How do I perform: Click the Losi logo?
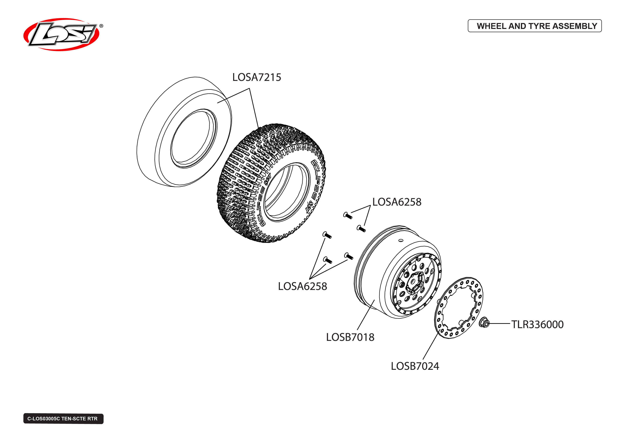[x=61, y=35]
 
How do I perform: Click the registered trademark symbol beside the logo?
[x=101, y=26]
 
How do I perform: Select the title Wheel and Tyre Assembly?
[x=534, y=26]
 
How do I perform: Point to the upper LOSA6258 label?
[x=397, y=202]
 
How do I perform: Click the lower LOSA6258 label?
[x=302, y=286]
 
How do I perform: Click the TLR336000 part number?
[x=537, y=325]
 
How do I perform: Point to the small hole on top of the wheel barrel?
[x=401, y=241]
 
